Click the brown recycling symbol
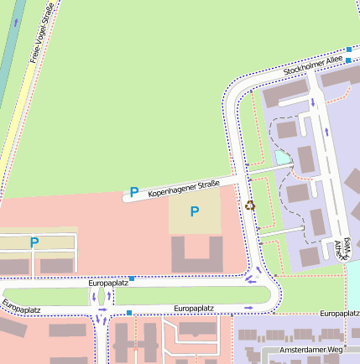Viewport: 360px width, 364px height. tap(249, 204)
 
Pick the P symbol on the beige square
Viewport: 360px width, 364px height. tap(195, 211)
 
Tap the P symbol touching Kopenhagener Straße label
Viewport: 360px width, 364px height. tap(133, 193)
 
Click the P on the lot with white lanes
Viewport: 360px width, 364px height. tap(34, 243)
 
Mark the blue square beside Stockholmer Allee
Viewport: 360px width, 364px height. tap(348, 50)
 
